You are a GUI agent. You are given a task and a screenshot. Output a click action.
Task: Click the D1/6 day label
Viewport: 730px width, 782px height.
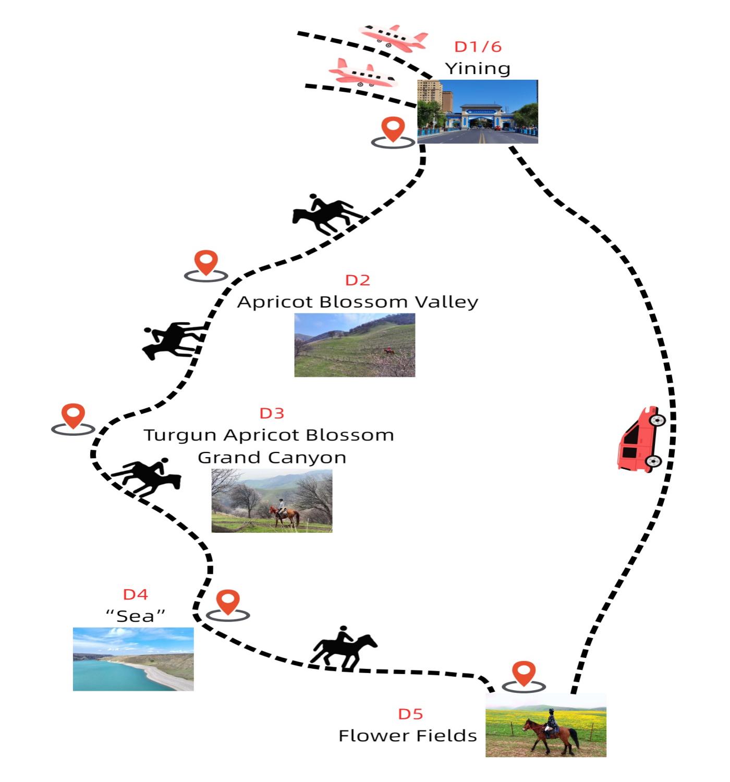(478, 47)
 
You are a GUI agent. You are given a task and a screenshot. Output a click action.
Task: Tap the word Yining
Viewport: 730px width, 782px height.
(478, 69)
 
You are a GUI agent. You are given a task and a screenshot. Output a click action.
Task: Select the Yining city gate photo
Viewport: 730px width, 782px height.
(478, 112)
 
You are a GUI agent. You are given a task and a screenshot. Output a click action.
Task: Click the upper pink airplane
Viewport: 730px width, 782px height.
(395, 38)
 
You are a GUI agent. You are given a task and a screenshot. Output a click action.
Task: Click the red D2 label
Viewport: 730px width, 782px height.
(358, 280)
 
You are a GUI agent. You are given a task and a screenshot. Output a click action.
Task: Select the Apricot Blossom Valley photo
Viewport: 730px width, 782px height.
(355, 345)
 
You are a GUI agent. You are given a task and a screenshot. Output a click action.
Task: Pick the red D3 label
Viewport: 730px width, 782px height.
(272, 414)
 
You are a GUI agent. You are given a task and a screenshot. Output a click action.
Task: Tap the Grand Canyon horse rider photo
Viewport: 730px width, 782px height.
(272, 500)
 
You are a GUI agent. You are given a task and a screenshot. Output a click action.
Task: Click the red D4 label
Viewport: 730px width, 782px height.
(136, 594)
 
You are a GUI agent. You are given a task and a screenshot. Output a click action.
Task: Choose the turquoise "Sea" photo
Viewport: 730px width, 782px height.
(133, 659)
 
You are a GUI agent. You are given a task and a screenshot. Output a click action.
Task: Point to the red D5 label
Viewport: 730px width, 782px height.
(410, 714)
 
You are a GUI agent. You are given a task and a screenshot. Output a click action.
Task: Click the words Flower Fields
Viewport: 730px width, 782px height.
(408, 736)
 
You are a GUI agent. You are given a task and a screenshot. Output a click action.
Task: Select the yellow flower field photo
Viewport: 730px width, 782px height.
(546, 726)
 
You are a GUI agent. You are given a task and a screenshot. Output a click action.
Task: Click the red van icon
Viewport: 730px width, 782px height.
(641, 441)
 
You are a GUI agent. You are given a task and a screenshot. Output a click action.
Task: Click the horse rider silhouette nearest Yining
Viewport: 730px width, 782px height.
(326, 215)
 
